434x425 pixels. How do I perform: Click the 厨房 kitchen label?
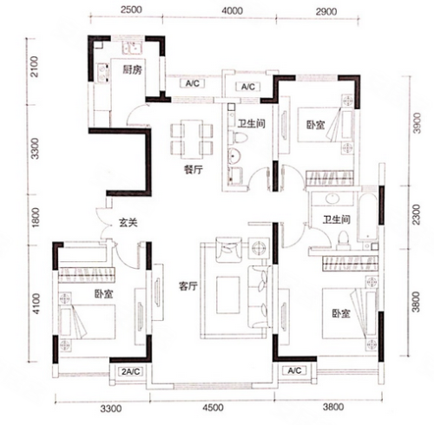point(132,69)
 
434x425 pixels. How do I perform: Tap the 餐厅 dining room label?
point(194,170)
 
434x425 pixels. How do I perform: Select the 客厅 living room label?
point(188,286)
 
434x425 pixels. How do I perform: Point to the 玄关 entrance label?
point(128,222)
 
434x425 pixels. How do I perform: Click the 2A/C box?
point(131,371)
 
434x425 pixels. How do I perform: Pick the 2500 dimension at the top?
point(132,10)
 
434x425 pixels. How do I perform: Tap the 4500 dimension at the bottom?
point(213,408)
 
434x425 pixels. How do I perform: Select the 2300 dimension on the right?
point(416,214)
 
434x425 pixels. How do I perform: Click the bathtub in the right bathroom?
point(367,217)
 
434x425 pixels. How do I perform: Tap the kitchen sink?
point(132,47)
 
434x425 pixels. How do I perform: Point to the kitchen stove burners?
point(102,72)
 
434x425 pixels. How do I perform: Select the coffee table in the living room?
point(228,295)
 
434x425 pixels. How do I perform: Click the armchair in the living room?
point(229,250)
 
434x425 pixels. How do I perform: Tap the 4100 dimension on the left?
point(36,304)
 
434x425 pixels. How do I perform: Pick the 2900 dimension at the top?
point(326,11)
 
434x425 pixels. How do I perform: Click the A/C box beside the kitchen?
point(193,83)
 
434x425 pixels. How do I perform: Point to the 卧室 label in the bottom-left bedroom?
point(103,294)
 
